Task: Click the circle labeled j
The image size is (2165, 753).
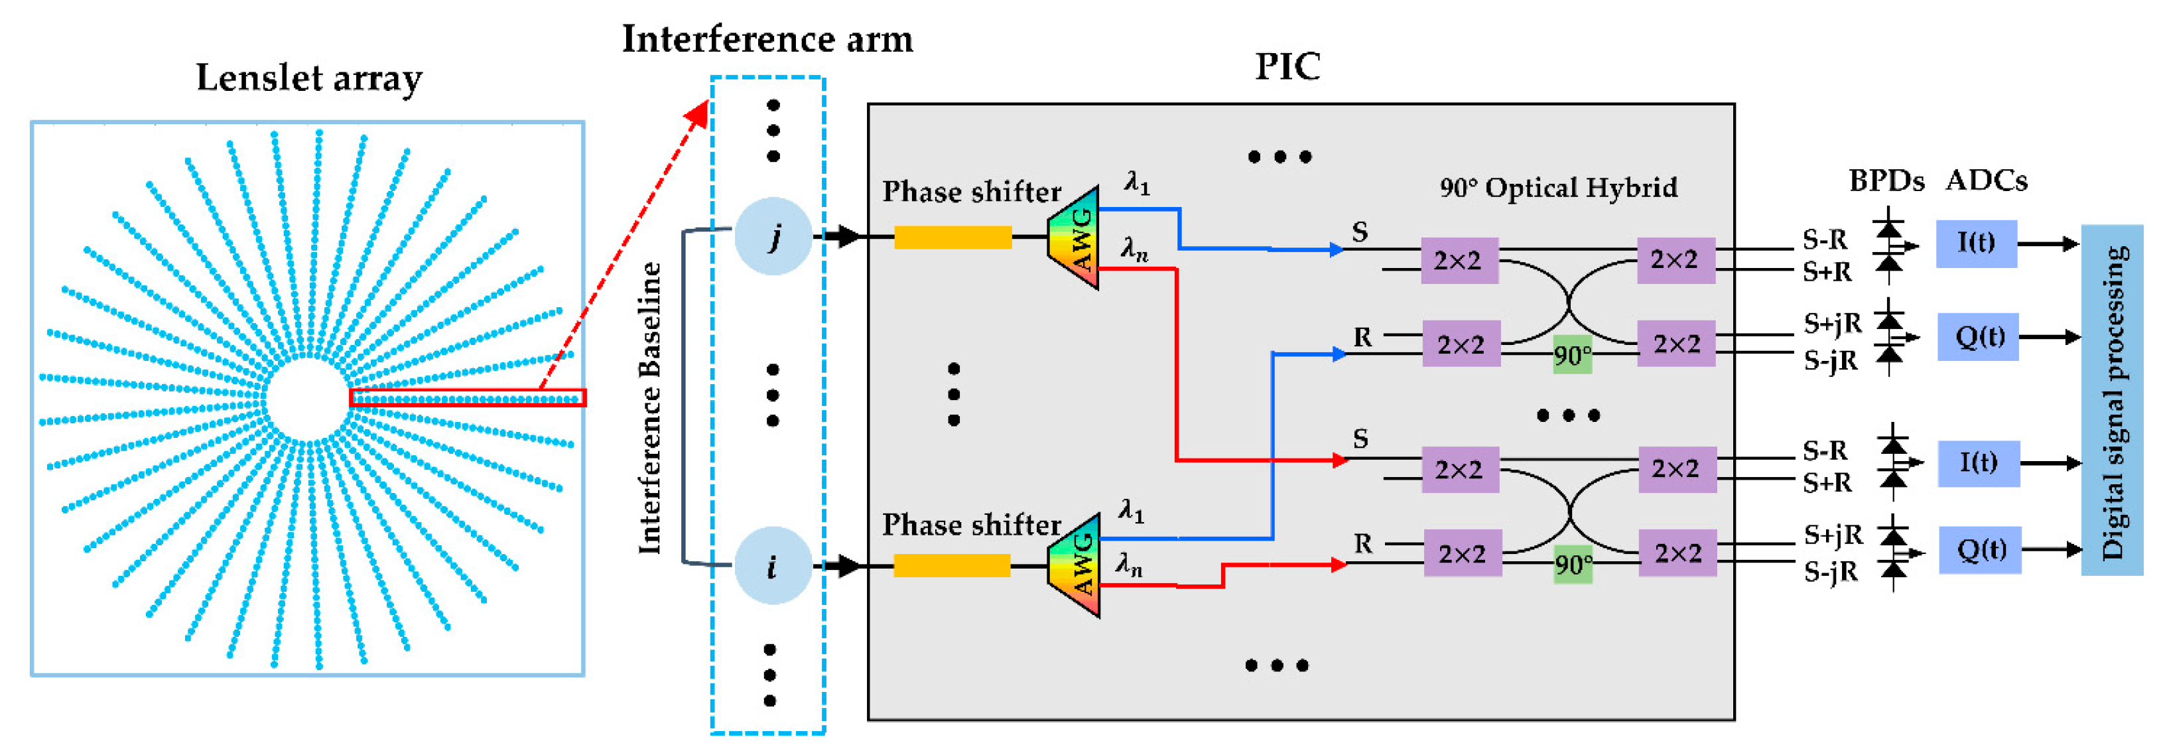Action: click(x=772, y=237)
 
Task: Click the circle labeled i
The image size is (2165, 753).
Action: click(x=772, y=566)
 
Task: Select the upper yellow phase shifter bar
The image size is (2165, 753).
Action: click(x=952, y=238)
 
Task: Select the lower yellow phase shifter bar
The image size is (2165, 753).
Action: click(x=951, y=566)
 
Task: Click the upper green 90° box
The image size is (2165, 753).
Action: click(x=1571, y=355)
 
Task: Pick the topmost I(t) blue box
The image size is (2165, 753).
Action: click(x=1976, y=243)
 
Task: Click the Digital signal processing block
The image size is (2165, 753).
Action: click(x=2111, y=400)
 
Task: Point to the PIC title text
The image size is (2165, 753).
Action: click(x=1287, y=66)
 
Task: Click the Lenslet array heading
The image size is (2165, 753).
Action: click(x=308, y=78)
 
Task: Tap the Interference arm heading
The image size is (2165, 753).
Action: click(x=767, y=38)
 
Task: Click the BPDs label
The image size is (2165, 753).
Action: click(x=1885, y=180)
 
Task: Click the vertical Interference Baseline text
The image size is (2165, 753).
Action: click(x=649, y=407)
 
